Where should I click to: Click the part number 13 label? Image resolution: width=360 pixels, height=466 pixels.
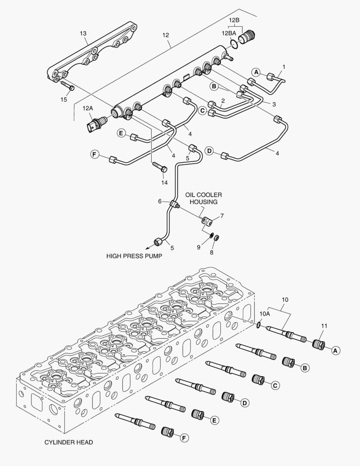click(x=83, y=33)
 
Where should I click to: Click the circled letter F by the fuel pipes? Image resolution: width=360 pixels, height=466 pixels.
click(x=94, y=154)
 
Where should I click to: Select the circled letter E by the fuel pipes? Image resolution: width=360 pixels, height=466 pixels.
click(x=122, y=134)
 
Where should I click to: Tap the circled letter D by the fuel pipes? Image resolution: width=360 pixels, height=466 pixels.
click(x=209, y=151)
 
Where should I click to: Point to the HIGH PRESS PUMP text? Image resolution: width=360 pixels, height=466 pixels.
click(x=134, y=256)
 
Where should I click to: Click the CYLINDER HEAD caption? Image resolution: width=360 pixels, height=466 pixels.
click(x=69, y=442)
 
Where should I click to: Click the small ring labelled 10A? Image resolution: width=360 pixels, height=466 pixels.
click(x=258, y=325)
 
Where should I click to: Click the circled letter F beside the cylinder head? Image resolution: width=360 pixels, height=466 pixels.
click(x=184, y=438)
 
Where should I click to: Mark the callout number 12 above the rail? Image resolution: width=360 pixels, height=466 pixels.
click(x=166, y=35)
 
